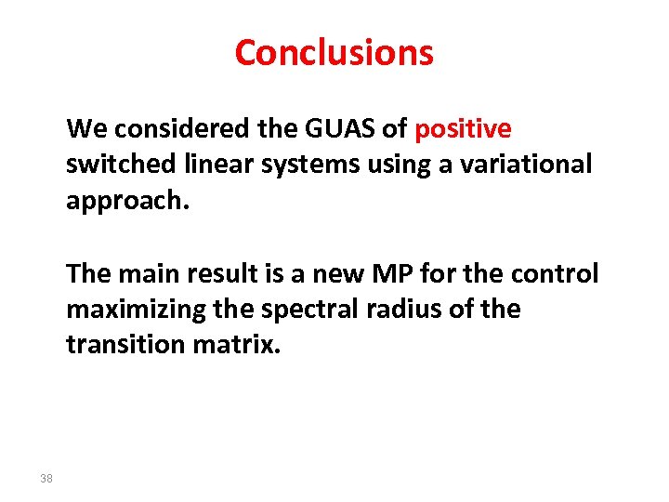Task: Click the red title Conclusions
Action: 334,52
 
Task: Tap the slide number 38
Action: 46,479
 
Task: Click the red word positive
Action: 463,128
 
